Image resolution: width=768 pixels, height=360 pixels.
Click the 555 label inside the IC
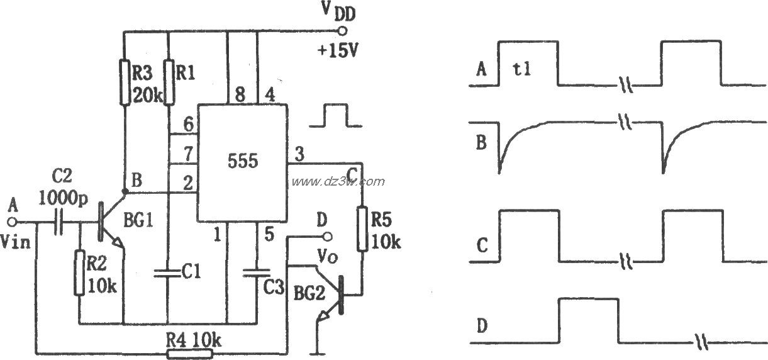(243, 162)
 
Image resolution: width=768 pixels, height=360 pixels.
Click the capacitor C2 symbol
(59, 222)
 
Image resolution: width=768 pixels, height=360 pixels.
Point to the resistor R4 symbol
(189, 354)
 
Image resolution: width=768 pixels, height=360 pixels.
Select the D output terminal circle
(326, 237)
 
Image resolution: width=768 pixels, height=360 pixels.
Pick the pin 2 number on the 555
(186, 183)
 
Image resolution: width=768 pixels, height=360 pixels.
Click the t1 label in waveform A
(522, 69)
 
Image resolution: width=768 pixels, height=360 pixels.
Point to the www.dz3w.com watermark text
(337, 182)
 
